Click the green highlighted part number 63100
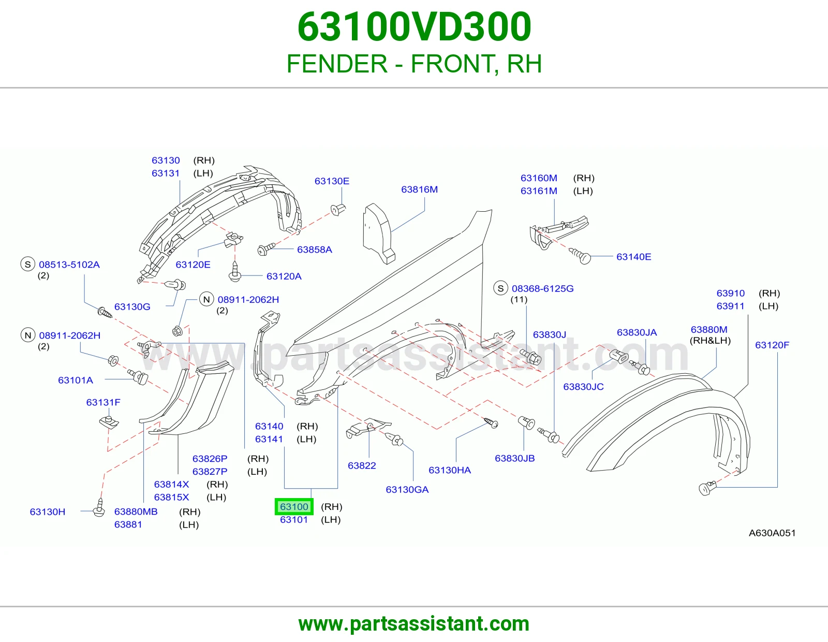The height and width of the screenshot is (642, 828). pyautogui.click(x=294, y=507)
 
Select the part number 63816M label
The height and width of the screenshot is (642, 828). pyautogui.click(x=420, y=189)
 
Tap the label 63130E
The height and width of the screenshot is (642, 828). pyautogui.click(x=332, y=181)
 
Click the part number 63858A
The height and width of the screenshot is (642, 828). pyautogui.click(x=315, y=250)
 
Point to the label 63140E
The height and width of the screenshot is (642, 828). pyautogui.click(x=633, y=257)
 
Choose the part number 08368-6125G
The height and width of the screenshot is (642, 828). pyautogui.click(x=543, y=288)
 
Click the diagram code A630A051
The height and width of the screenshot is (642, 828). pyautogui.click(x=772, y=533)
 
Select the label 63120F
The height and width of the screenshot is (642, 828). pyautogui.click(x=772, y=345)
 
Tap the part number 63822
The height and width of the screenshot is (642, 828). pyautogui.click(x=362, y=465)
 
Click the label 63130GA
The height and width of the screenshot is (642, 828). pyautogui.click(x=407, y=489)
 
